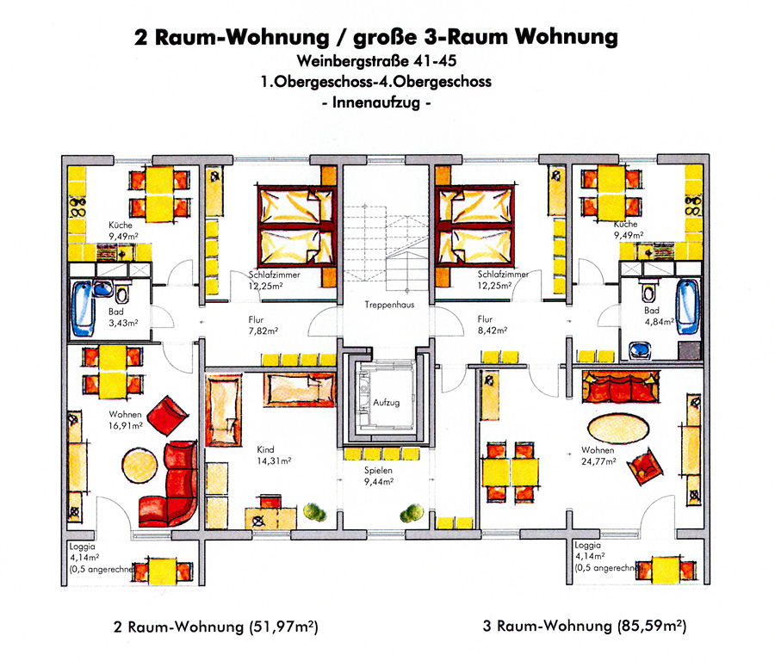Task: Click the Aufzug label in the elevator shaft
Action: click(x=386, y=403)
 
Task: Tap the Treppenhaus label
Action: click(x=389, y=305)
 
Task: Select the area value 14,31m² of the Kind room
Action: click(x=274, y=461)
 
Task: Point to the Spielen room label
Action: click(x=378, y=470)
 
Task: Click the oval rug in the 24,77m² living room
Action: click(x=618, y=429)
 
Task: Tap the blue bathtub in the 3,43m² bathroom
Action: click(x=83, y=308)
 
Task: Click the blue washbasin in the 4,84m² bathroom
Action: click(x=641, y=350)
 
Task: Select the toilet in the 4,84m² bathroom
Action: click(x=648, y=291)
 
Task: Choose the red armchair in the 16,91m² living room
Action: click(x=168, y=416)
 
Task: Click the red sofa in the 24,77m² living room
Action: click(x=621, y=386)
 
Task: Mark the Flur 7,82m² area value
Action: click(x=263, y=331)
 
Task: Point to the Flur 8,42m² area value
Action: click(x=493, y=330)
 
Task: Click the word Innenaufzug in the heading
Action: click(x=376, y=102)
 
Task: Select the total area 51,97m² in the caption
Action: click(x=284, y=627)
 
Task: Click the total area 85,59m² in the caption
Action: click(x=652, y=626)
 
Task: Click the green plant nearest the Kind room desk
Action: click(x=314, y=512)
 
